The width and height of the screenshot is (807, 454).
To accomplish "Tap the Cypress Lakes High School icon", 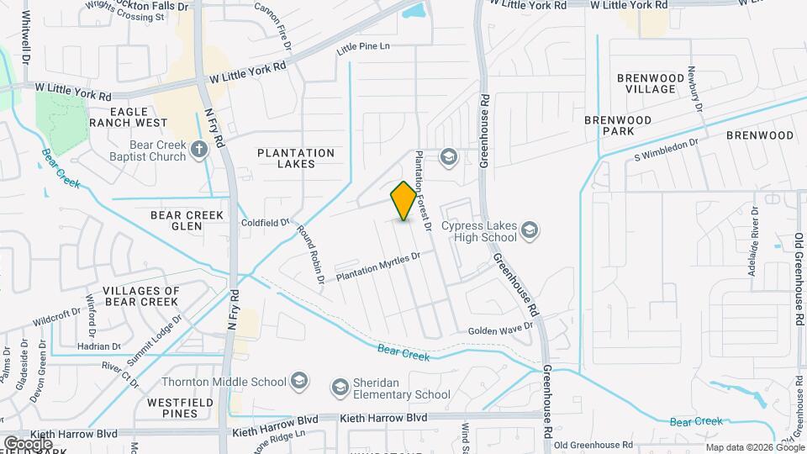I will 530,230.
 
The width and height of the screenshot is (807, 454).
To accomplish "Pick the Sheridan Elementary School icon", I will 340,388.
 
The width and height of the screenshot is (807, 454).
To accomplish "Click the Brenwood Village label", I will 646,83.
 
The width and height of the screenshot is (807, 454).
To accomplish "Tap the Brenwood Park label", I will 618,126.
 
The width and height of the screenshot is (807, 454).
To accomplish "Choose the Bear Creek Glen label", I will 187,220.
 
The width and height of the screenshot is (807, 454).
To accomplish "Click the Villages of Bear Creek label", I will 141,296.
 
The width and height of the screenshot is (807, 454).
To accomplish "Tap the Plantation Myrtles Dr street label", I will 377,267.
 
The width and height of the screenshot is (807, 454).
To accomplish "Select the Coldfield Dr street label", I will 265,223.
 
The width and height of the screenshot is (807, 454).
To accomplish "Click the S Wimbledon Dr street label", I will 667,150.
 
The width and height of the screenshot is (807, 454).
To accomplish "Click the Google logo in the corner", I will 28,443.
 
